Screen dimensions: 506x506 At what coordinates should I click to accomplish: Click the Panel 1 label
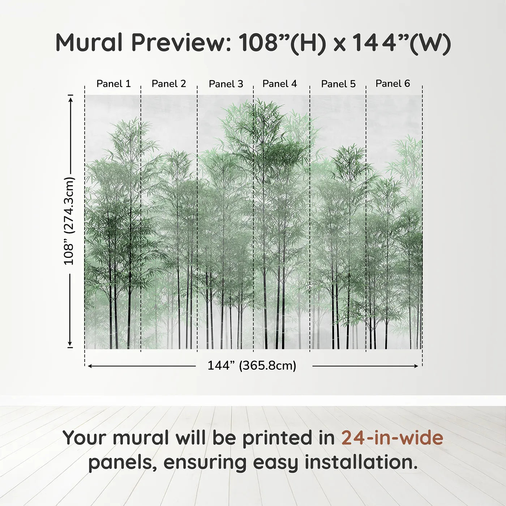(113, 84)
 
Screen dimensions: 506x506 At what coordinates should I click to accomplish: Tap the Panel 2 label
(169, 84)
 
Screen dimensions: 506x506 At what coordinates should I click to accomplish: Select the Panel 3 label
(226, 84)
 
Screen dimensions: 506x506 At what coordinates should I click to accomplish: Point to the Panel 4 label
(280, 84)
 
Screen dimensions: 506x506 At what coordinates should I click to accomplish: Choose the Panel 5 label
(338, 84)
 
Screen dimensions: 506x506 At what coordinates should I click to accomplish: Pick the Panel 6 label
(393, 83)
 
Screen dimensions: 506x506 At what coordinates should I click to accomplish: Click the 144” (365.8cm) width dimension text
(252, 365)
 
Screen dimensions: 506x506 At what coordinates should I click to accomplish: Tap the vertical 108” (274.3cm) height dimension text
(69, 221)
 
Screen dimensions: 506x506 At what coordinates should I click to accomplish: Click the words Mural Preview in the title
(143, 43)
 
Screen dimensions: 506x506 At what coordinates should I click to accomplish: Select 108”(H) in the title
(282, 43)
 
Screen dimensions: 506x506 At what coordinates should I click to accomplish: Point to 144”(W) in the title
(401, 43)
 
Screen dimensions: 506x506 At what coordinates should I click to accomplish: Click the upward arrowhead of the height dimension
(70, 99)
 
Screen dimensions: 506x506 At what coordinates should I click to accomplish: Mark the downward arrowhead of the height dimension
(70, 343)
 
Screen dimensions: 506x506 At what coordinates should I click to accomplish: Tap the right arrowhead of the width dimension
(415, 366)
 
